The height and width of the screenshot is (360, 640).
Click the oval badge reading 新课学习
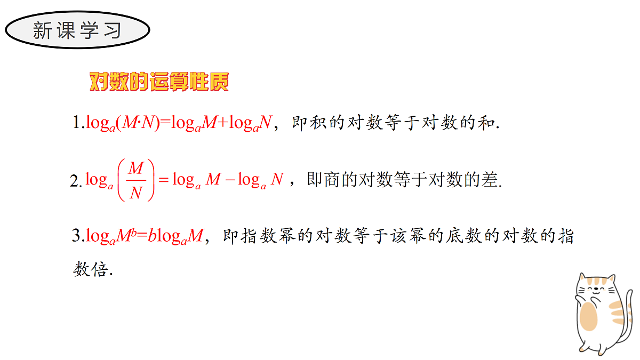point(77,30)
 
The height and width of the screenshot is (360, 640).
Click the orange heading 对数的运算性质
point(159,82)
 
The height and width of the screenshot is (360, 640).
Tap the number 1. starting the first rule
point(78,122)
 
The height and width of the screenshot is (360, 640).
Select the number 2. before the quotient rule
point(76,181)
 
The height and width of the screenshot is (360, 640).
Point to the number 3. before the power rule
point(78,236)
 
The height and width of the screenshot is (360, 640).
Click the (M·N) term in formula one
point(138,123)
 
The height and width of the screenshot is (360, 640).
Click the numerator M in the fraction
point(135,169)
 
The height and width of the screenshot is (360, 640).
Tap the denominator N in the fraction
point(136,193)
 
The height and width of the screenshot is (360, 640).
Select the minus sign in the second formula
point(230,180)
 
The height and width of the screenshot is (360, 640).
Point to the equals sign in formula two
point(164,180)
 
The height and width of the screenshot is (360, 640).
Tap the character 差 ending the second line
point(490,180)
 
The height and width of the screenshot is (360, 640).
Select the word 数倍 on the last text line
point(91,269)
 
